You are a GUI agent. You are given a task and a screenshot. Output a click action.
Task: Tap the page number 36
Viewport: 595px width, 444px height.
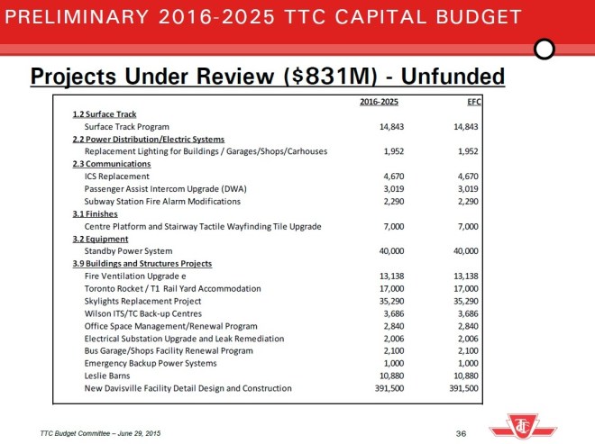[x=461, y=434]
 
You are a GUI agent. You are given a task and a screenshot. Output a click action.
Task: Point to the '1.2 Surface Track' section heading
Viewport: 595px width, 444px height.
[x=105, y=114]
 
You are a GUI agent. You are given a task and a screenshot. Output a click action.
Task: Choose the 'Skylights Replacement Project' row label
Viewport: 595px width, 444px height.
[x=142, y=301]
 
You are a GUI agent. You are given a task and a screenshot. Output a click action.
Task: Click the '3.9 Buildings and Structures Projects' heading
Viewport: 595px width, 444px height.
[x=142, y=263]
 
